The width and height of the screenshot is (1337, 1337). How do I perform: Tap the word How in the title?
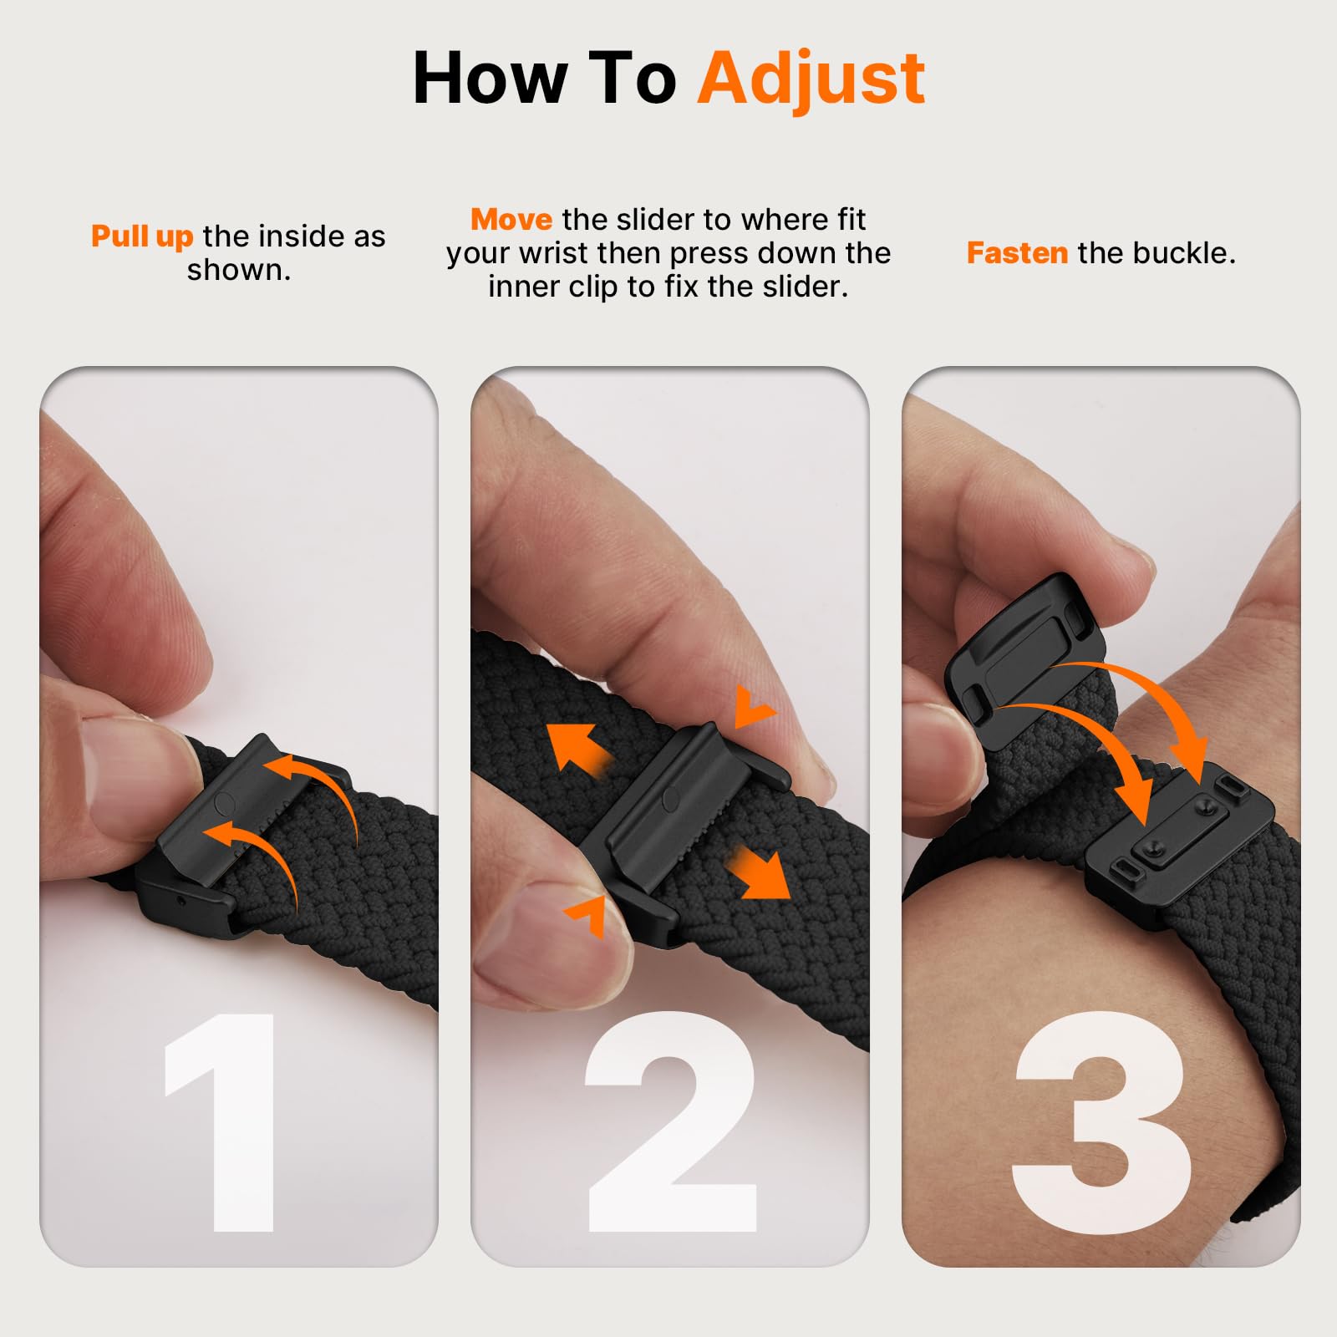tap(490, 78)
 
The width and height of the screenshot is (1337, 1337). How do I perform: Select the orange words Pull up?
tap(142, 237)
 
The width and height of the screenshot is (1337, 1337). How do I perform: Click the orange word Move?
tap(511, 219)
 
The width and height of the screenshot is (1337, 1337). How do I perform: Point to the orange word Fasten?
tap(1017, 252)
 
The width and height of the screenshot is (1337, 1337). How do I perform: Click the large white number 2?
tap(671, 1120)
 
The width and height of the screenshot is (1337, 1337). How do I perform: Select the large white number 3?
tap(1102, 1122)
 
